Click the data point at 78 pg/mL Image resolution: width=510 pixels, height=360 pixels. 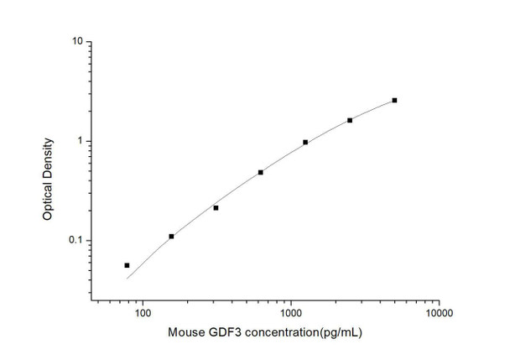point(127,265)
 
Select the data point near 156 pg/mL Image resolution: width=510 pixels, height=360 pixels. point(171,237)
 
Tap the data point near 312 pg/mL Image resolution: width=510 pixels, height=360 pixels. point(216,208)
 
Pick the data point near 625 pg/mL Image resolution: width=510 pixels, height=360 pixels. point(261,172)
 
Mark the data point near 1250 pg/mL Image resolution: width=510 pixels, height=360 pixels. point(305,143)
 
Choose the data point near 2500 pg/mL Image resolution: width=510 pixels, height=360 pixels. point(350,120)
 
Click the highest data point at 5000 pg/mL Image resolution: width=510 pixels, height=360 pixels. point(394,100)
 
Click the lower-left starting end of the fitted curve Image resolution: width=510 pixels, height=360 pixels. point(127,278)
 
